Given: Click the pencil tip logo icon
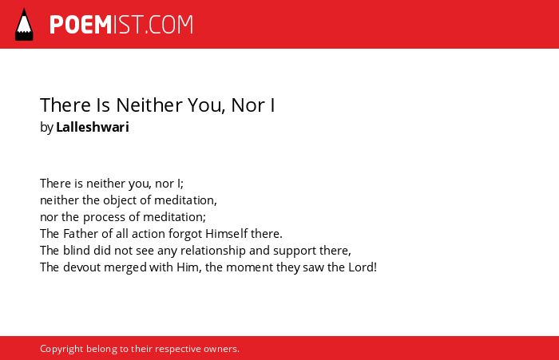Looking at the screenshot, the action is click(24, 25).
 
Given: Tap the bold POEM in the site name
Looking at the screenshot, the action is click(81, 25).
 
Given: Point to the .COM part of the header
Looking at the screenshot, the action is click(168, 25).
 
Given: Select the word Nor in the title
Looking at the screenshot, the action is click(248, 105).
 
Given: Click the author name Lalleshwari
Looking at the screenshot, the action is click(93, 127).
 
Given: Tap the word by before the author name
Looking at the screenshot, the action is click(46, 128).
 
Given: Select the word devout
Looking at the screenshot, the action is click(82, 267).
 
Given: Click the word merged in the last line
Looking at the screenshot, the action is click(125, 268).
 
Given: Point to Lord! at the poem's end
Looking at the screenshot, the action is click(363, 267).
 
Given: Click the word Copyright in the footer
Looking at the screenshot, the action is click(61, 349).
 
